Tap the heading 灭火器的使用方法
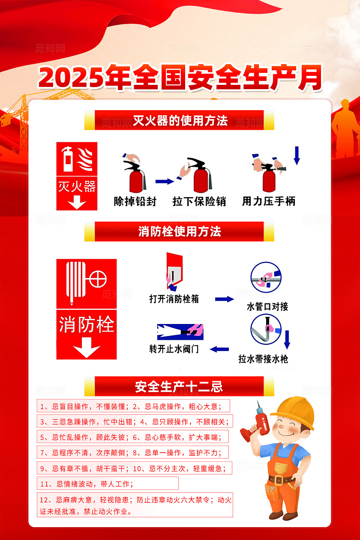click(x=180, y=120)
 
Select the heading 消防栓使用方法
click(x=180, y=232)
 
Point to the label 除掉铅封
click(x=135, y=201)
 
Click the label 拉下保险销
click(x=199, y=201)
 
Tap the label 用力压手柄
click(x=269, y=201)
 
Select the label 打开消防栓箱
click(x=174, y=299)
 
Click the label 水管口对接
click(x=267, y=306)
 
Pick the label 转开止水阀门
click(x=174, y=349)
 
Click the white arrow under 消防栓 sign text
click(x=87, y=347)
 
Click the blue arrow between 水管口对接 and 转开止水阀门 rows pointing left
click(x=219, y=349)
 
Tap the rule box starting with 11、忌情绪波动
click(x=107, y=484)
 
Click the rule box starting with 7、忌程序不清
click(x=132, y=452)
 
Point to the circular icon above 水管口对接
click(x=266, y=278)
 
